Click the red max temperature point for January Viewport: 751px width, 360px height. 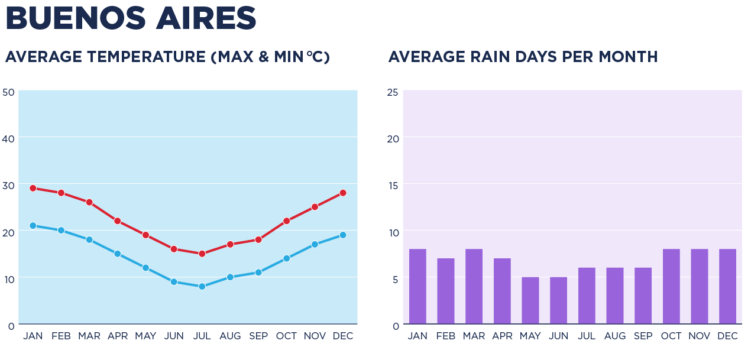pos(33,188)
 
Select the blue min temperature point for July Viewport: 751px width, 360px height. pos(202,287)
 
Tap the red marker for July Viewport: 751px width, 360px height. pos(202,254)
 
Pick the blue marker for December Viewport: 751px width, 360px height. pos(343,235)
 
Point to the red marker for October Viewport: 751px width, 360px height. pos(287,221)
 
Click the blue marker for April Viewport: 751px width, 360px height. pos(118,254)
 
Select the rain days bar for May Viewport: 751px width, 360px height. pos(530,300)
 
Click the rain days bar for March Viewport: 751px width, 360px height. pos(474,287)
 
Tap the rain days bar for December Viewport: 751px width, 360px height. pos(728,287)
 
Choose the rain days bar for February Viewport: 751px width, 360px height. pos(446,291)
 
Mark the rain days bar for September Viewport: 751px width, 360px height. pos(643,296)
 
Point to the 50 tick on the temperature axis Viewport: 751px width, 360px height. pos(8,92)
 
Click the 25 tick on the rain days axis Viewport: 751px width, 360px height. pos(393,92)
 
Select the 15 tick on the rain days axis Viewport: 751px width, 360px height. pos(393,185)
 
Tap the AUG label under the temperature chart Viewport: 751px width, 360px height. pos(230,336)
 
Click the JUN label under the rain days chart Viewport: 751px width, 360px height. pos(559,336)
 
